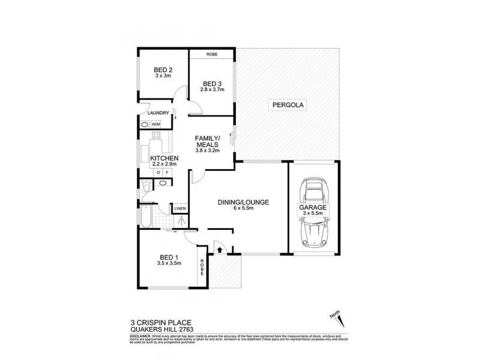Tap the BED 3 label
click(x=212, y=83)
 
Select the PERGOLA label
click(x=289, y=105)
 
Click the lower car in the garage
click(x=313, y=230)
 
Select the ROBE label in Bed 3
click(x=211, y=55)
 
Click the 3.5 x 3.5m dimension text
click(x=169, y=262)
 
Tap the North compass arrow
click(x=335, y=318)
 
